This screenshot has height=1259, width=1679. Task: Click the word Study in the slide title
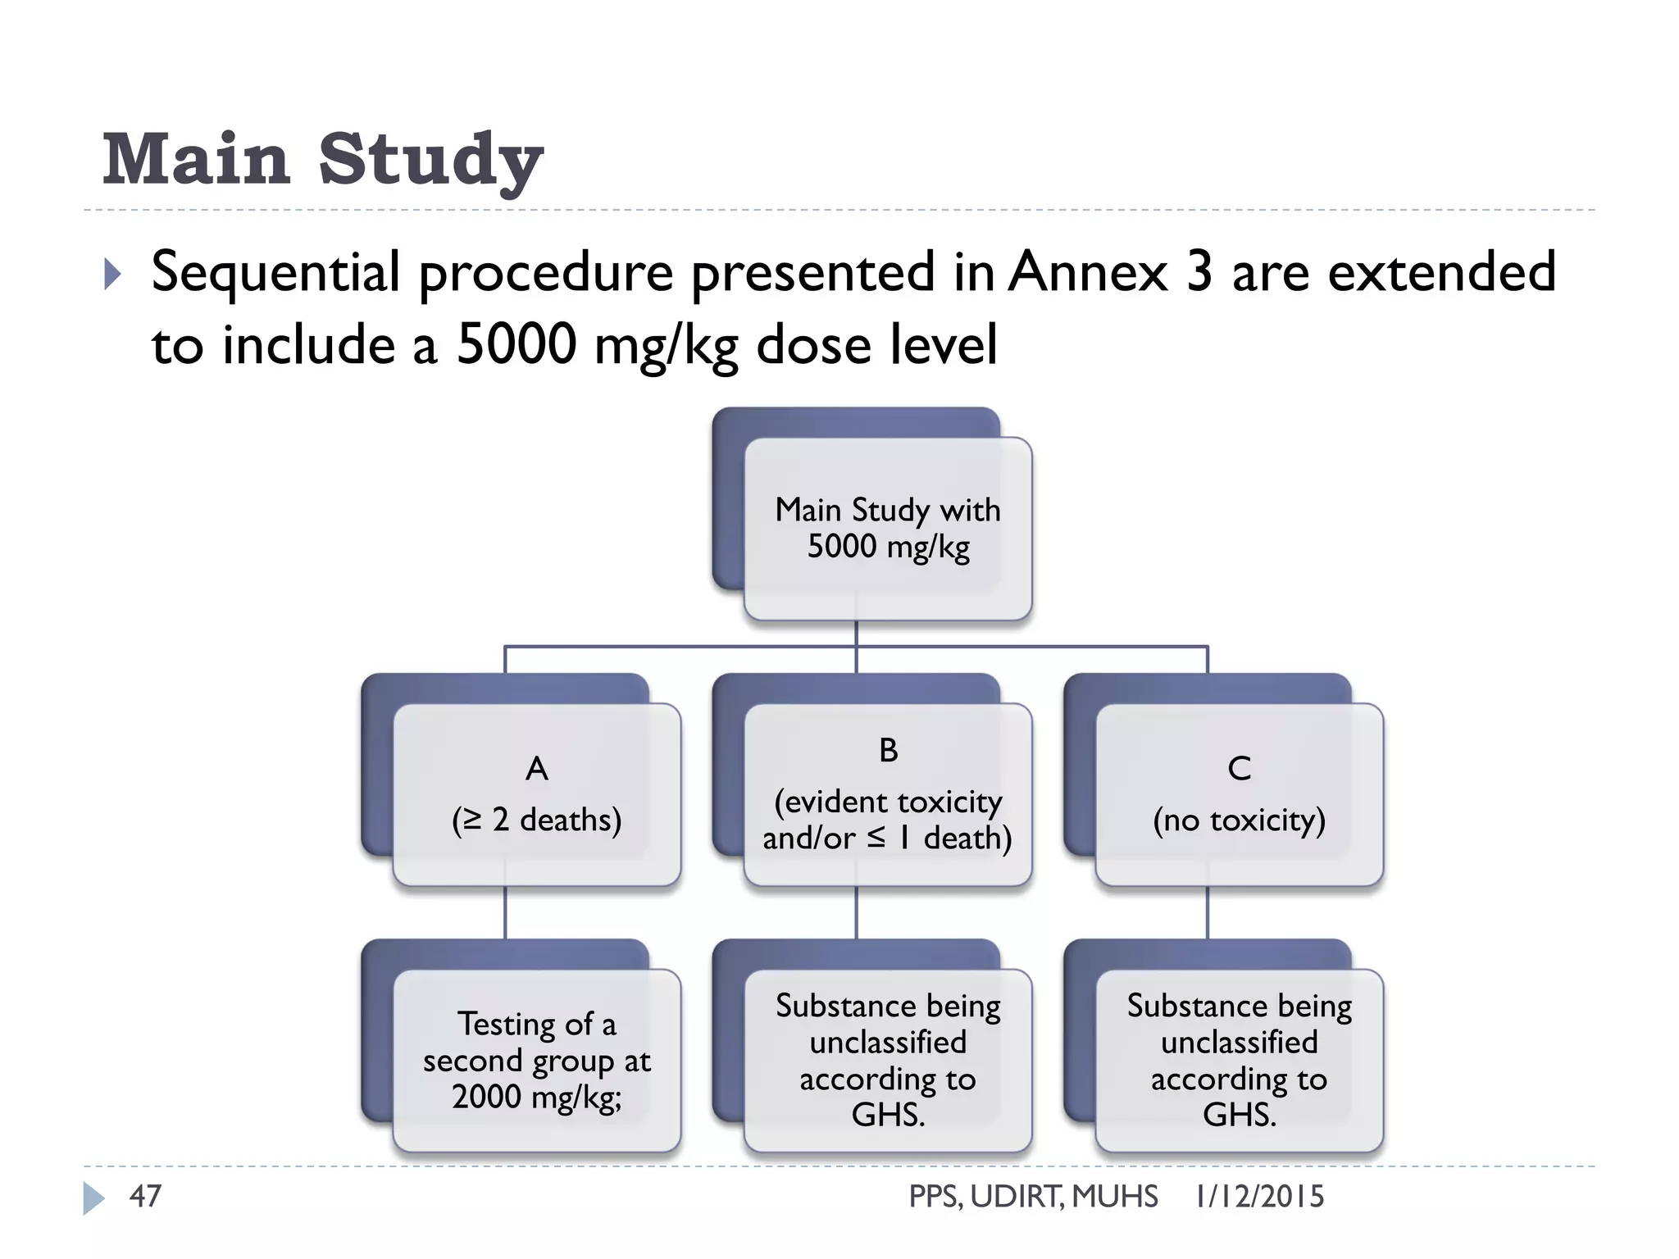coord(430,159)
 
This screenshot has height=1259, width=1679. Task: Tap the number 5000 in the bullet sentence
coord(516,344)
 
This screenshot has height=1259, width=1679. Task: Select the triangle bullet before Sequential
coord(113,275)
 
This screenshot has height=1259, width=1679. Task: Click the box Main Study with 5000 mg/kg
coord(888,528)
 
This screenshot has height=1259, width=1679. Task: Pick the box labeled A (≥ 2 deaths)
coord(537,794)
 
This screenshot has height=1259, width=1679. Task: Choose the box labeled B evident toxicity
coord(888,794)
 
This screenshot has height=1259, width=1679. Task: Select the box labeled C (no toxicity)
coord(1239,794)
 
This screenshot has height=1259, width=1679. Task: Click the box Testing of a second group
coord(537,1060)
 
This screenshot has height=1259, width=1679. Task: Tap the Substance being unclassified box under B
coord(888,1060)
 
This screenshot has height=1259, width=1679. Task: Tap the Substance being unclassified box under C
coord(1239,1060)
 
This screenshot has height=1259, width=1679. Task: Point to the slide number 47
coord(146,1196)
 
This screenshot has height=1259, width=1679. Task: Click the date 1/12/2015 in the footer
coord(1259,1197)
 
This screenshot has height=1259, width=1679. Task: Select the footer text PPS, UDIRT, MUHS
coord(1033,1197)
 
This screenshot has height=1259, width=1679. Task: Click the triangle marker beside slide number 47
coord(93,1198)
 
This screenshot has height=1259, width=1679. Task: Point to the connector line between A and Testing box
coord(505,913)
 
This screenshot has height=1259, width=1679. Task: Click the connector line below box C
coord(1207,913)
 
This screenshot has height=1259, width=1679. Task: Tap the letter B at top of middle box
coord(888,750)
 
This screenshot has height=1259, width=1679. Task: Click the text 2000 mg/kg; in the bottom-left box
coord(537,1097)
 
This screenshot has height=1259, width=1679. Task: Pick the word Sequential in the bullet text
coord(276,271)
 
